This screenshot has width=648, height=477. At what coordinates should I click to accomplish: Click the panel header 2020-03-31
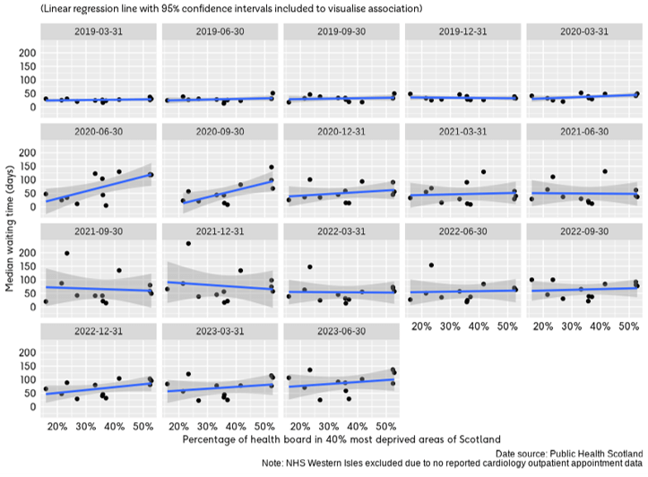coord(583,31)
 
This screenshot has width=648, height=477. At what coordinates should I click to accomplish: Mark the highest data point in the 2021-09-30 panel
coord(67,253)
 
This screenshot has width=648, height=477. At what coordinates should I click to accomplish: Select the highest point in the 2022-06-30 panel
coord(431,265)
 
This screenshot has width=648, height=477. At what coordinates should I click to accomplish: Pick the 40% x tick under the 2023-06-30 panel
coord(356,427)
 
